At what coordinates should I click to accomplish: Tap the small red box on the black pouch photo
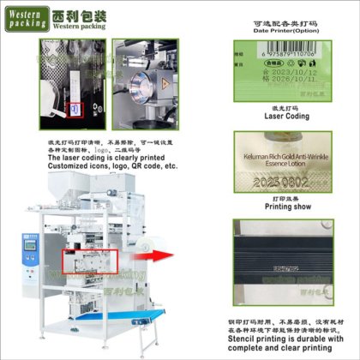[x=74, y=110]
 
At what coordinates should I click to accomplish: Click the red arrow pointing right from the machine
[x=153, y=254]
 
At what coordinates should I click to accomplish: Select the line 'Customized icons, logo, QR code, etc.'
[x=112, y=166]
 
